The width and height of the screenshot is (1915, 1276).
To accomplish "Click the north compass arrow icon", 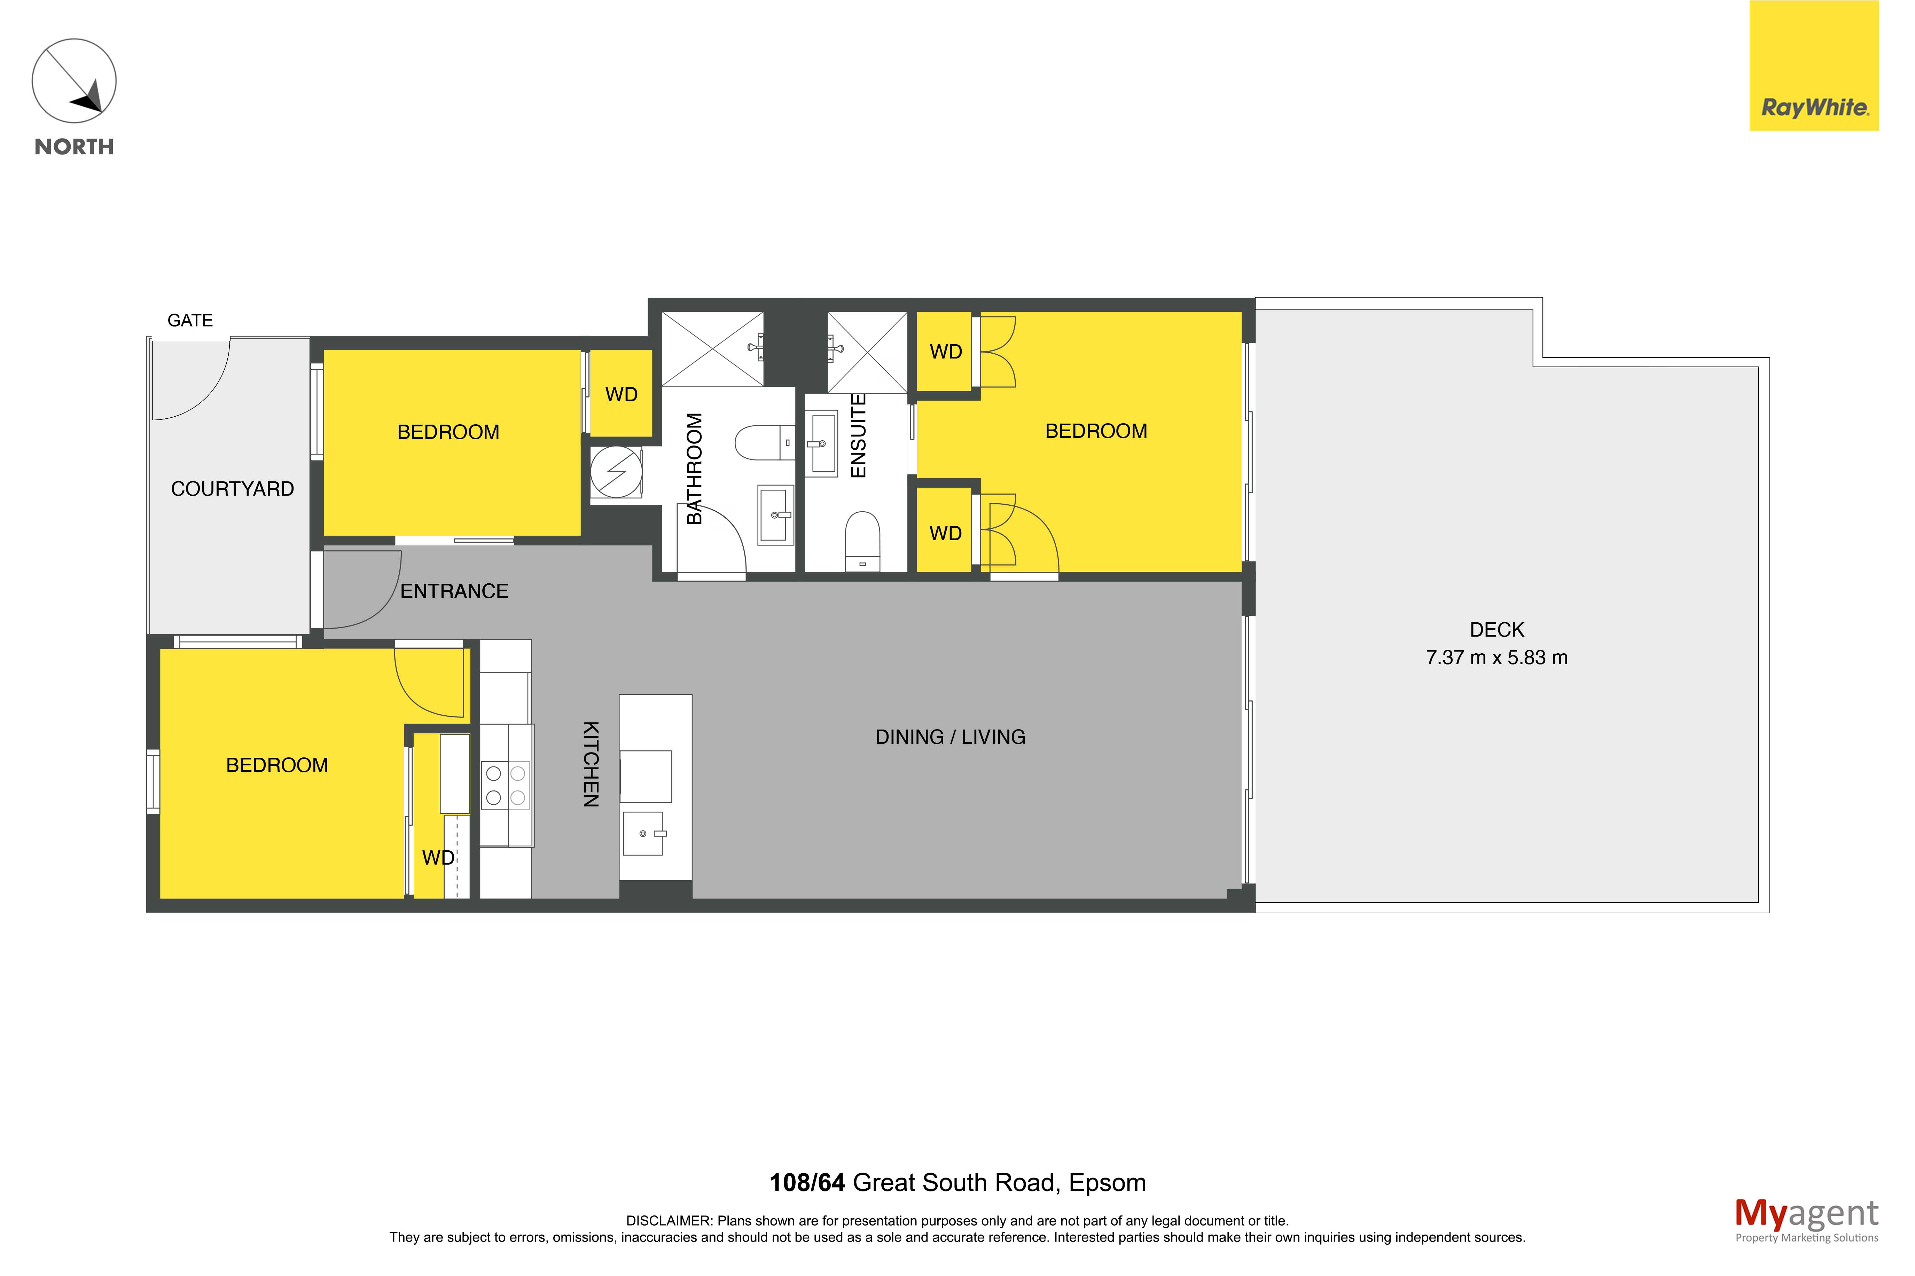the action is [x=74, y=81].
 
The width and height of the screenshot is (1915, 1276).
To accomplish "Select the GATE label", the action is [x=190, y=321].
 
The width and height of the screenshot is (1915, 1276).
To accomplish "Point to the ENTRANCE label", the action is [x=454, y=592].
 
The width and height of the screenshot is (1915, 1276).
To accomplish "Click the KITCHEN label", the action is [x=591, y=764].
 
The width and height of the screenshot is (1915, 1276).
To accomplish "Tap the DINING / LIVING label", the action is [x=950, y=737].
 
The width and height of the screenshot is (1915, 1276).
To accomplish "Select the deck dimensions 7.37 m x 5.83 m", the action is [x=1497, y=657].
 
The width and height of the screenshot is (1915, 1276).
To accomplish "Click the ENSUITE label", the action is [x=858, y=435].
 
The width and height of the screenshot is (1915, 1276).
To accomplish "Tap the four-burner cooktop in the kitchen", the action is [x=506, y=785].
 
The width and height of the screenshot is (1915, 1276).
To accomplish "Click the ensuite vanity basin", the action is [x=821, y=443].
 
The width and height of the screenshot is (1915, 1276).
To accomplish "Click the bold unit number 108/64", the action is [x=807, y=1182].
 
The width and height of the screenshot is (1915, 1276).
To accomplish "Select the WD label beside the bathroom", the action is [x=621, y=395].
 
